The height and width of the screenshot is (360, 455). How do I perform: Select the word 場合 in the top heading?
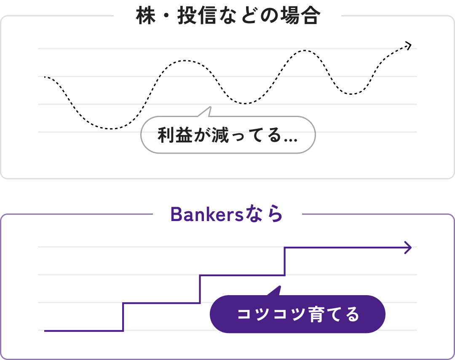pyautogui.click(x=300, y=16)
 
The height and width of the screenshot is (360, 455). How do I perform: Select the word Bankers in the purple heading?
pyautogui.click(x=207, y=215)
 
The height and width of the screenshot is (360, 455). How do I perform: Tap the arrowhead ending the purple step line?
pyautogui.click(x=408, y=248)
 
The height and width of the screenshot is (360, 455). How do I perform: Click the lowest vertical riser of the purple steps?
pyautogui.click(x=123, y=317)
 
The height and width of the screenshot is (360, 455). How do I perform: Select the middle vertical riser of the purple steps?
pyautogui.click(x=200, y=289)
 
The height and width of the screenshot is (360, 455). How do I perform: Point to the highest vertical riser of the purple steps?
pyautogui.click(x=285, y=261)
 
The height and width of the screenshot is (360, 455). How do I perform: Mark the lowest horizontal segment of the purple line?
pyautogui.click(x=84, y=331)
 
